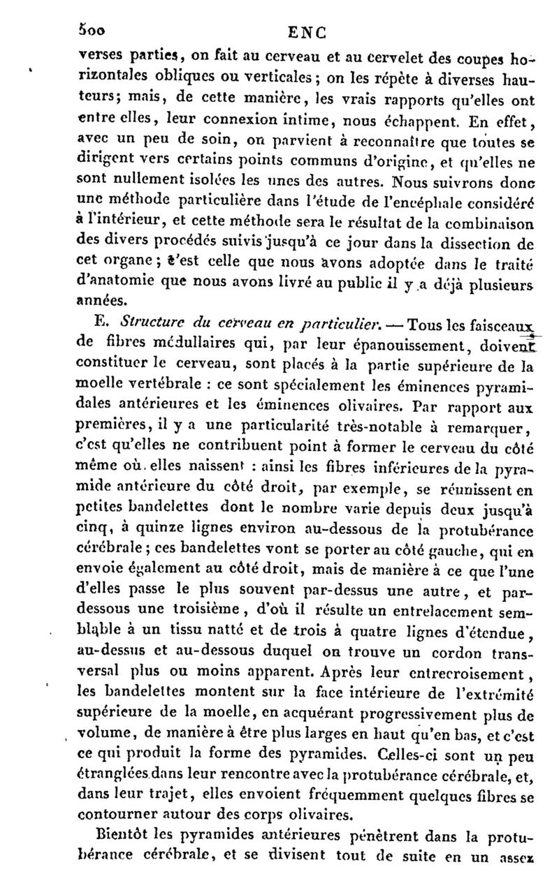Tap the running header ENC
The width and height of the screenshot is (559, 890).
(307, 32)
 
